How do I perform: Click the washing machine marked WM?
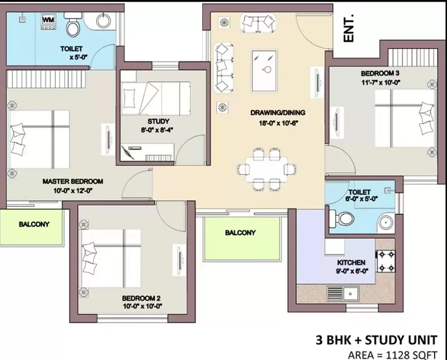[48, 22]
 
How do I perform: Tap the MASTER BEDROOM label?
[73, 182]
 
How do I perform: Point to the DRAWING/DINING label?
[278, 113]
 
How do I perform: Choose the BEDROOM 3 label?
[380, 73]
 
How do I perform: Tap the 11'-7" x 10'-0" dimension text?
[381, 83]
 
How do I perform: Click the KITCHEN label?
[351, 262]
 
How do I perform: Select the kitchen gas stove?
[386, 260]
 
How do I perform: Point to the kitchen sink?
[343, 293]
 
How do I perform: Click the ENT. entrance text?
[349, 29]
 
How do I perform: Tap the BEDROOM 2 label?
[141, 299]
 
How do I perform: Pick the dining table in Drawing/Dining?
[267, 169]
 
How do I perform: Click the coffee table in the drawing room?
[264, 71]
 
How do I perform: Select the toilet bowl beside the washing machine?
[73, 25]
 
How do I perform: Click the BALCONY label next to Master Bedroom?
[34, 224]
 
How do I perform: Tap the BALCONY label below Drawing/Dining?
[240, 233]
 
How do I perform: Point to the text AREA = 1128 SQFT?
[392, 355]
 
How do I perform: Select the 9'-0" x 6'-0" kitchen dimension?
[352, 271]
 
